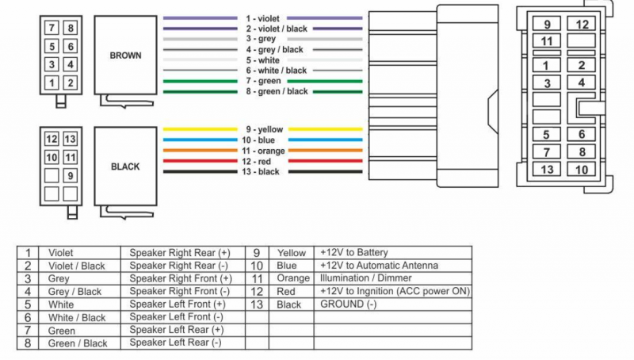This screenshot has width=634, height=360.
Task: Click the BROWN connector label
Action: click(125, 56)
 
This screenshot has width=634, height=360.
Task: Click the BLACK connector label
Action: click(125, 167)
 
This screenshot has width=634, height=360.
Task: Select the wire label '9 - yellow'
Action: click(264, 129)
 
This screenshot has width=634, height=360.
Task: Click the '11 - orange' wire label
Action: click(264, 151)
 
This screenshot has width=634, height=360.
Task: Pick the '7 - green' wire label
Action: click(264, 81)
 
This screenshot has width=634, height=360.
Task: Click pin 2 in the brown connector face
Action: click(71, 82)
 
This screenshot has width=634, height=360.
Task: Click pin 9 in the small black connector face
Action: click(71, 176)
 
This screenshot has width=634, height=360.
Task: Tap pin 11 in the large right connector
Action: click(546, 41)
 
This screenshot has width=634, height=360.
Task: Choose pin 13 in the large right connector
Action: click(546, 169)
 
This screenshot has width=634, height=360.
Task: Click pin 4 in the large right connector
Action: click(582, 82)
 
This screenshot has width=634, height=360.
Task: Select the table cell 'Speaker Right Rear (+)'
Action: click(181, 253)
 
